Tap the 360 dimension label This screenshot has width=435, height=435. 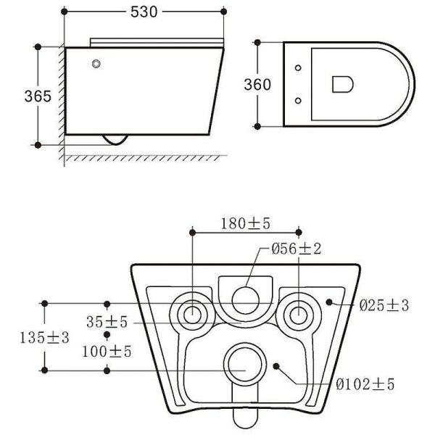tap(258, 84)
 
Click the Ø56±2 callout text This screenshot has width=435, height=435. tap(296, 249)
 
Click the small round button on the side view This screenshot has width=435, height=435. tap(96, 65)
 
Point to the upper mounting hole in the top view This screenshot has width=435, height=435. tap(299, 68)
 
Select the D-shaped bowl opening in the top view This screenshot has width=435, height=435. tap(343, 84)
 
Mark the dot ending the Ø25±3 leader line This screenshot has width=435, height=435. tap(330, 302)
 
